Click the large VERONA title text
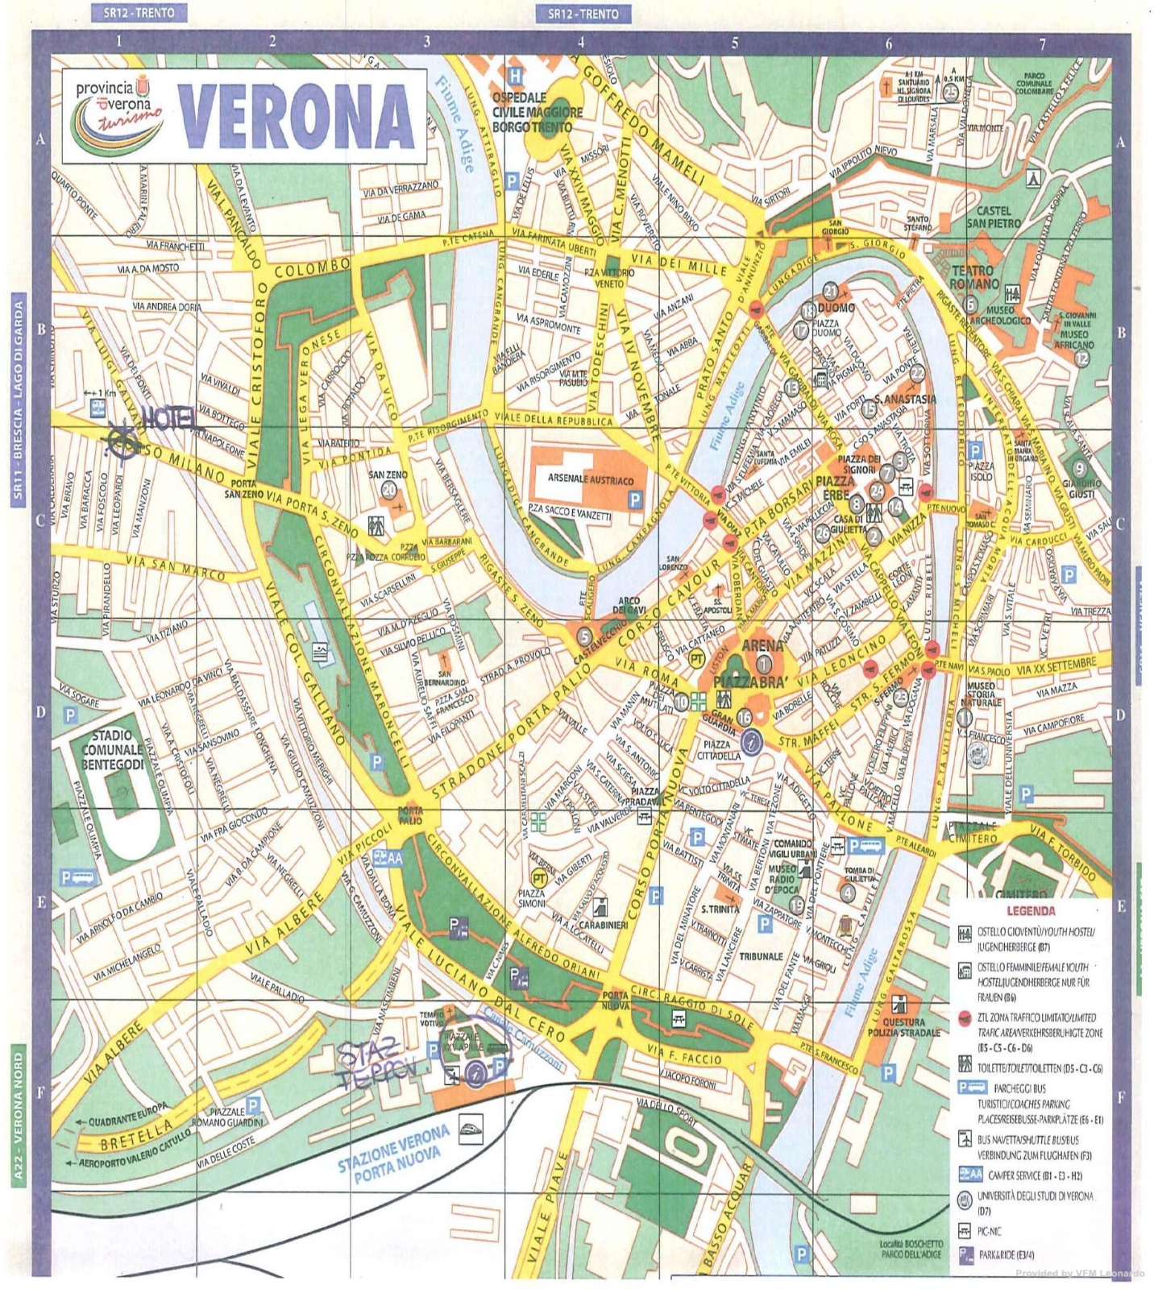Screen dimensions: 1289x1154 296,117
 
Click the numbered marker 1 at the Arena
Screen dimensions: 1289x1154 763,663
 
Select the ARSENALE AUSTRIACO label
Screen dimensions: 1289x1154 591,480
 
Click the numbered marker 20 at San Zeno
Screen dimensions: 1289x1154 389,490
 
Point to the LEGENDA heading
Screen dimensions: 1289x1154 1030,912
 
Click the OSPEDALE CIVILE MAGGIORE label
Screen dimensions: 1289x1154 537,112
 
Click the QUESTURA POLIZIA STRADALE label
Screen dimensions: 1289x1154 903,1027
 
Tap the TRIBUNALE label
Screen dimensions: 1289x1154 761,956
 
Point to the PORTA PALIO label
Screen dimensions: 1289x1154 409,815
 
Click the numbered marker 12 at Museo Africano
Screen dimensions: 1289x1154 1081,359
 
